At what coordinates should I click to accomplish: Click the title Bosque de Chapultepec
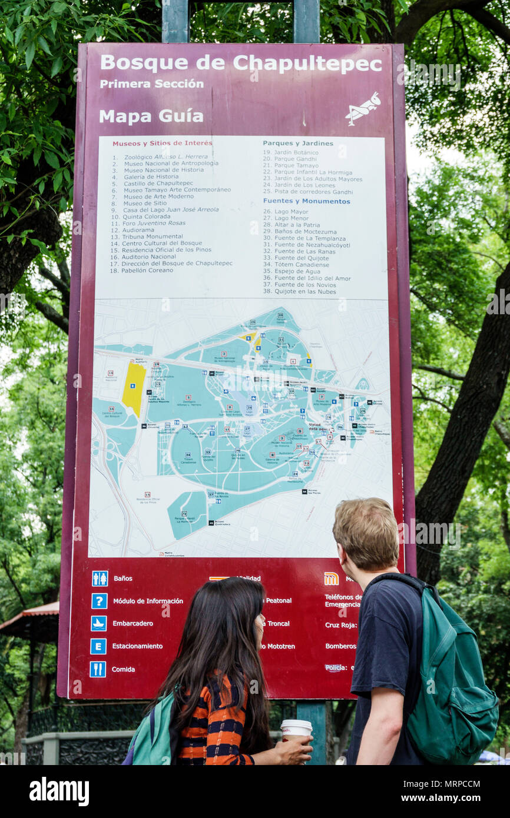coord(241,63)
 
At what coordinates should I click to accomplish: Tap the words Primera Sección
coord(151,84)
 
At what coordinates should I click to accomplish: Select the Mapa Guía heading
coord(151,116)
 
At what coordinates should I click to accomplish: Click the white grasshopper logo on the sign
coord(363,109)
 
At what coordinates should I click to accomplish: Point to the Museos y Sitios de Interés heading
coord(162,143)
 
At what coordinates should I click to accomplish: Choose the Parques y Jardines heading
coord(297,143)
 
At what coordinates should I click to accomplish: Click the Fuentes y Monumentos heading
coord(306,201)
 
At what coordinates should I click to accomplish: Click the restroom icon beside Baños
coord(100,578)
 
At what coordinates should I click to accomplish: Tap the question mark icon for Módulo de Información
coord(99,601)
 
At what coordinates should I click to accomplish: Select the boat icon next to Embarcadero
coord(98,623)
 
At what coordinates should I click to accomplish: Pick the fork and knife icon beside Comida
coord(98,669)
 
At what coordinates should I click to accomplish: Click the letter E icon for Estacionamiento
coord(98,646)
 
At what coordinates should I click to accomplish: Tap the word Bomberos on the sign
coord(340,646)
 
